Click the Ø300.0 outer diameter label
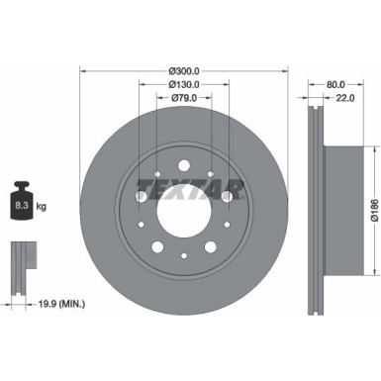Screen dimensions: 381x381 184,71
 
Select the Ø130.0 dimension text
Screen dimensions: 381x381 184,85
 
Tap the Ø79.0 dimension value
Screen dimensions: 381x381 184,98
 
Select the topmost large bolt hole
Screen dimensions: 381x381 184,162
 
